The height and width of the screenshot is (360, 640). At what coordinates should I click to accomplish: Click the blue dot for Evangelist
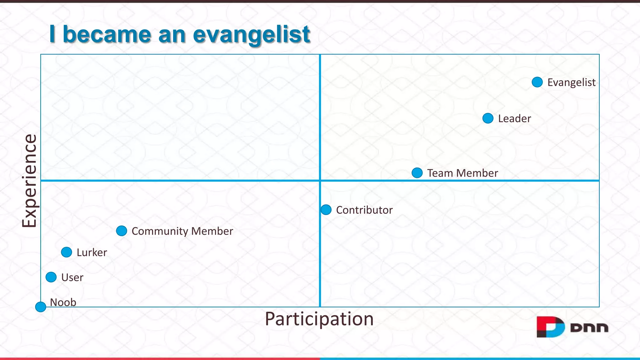(x=537, y=82)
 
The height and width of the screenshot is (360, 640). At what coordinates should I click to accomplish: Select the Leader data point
(x=488, y=118)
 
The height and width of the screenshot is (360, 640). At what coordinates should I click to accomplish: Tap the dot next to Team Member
(x=417, y=173)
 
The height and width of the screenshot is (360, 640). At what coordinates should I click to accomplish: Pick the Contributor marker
(x=326, y=210)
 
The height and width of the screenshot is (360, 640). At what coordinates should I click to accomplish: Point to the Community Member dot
(x=122, y=231)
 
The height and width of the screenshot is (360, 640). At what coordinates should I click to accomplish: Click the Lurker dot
(x=67, y=252)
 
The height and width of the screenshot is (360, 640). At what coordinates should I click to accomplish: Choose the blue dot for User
(x=51, y=277)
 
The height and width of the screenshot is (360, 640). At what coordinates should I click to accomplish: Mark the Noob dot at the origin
(x=41, y=307)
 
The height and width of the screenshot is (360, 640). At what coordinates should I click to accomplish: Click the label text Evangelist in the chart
(x=571, y=82)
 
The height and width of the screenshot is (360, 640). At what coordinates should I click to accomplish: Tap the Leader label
(x=514, y=119)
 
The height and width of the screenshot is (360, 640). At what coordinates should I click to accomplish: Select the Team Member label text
(x=462, y=173)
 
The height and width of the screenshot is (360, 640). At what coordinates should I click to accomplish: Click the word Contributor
(x=364, y=210)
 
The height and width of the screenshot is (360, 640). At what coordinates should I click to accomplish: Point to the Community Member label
(x=182, y=231)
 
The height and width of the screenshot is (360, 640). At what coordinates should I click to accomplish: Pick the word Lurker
(x=92, y=252)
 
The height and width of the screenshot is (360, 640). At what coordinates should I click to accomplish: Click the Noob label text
(x=63, y=302)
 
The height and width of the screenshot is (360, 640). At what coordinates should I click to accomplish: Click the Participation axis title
(x=319, y=319)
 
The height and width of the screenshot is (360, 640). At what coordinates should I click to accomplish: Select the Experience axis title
(x=29, y=181)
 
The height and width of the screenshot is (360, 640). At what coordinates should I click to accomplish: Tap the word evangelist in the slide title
(x=252, y=34)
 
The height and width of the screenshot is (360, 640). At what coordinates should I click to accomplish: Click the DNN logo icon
(x=550, y=327)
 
